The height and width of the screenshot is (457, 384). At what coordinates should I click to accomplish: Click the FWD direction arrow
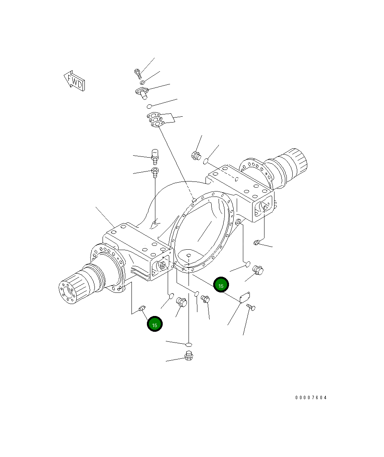click(x=74, y=81)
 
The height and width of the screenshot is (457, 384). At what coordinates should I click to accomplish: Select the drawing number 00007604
click(x=311, y=398)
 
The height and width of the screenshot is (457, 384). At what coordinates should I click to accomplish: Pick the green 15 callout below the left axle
click(x=155, y=324)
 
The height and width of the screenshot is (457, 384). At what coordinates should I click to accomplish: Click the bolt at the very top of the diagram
click(x=138, y=74)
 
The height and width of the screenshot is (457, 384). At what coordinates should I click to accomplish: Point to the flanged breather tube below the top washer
click(x=142, y=93)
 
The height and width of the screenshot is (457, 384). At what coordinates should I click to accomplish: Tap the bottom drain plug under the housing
click(x=189, y=356)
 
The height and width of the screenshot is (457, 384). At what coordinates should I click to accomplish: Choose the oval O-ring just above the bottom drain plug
click(x=189, y=345)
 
